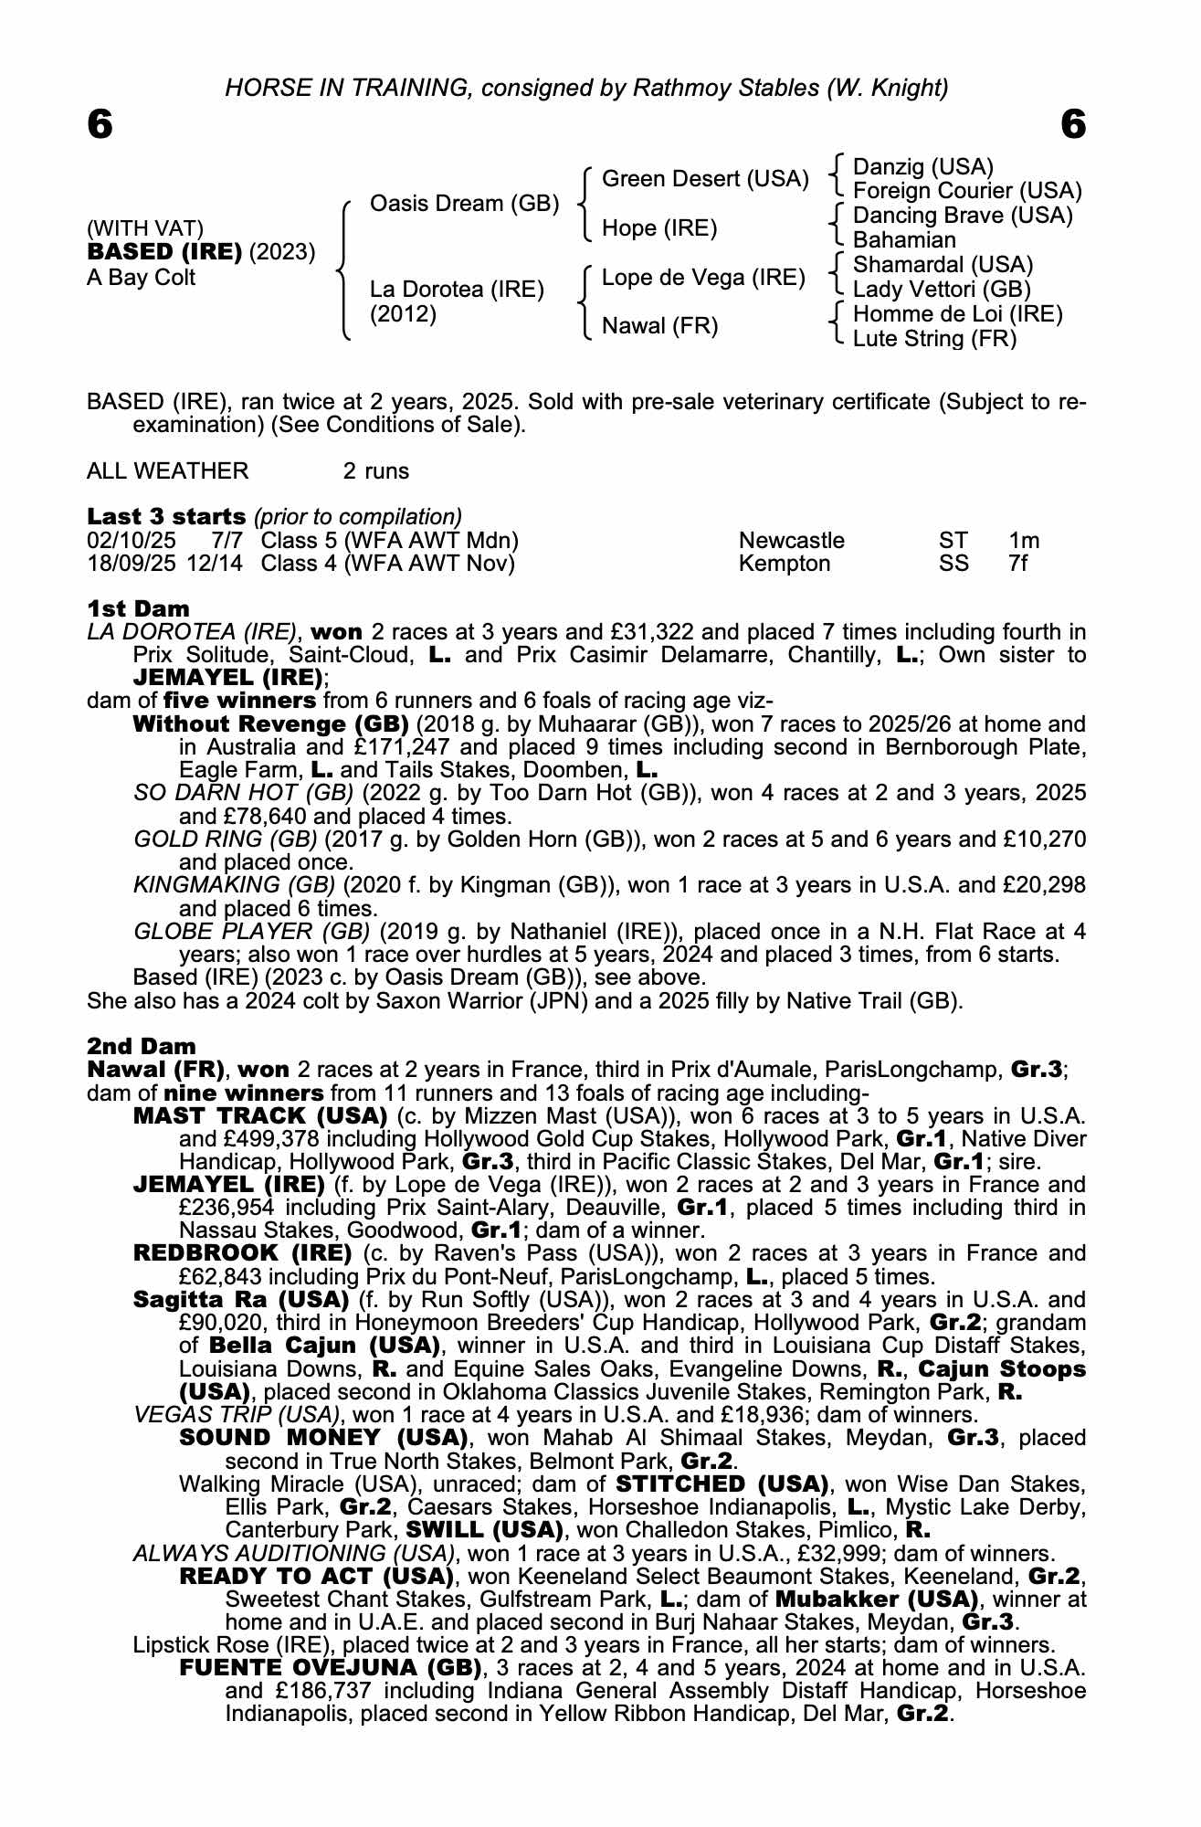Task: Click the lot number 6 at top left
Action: click(x=100, y=124)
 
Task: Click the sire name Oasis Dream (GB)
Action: click(x=464, y=203)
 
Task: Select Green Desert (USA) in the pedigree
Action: click(x=705, y=179)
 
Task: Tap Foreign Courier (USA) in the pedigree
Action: click(x=966, y=191)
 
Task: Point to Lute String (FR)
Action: click(x=934, y=339)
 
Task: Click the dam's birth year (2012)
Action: click(x=403, y=314)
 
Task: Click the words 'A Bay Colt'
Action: click(x=141, y=278)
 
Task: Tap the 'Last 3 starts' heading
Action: click(x=166, y=517)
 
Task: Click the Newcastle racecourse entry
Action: click(x=791, y=541)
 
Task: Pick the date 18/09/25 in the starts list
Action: click(x=131, y=564)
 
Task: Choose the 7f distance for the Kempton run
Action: click(x=1017, y=564)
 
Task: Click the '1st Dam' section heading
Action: click(x=138, y=608)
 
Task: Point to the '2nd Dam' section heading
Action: click(x=141, y=1046)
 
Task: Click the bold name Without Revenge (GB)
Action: click(x=270, y=724)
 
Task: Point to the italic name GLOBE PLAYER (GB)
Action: click(x=251, y=932)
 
